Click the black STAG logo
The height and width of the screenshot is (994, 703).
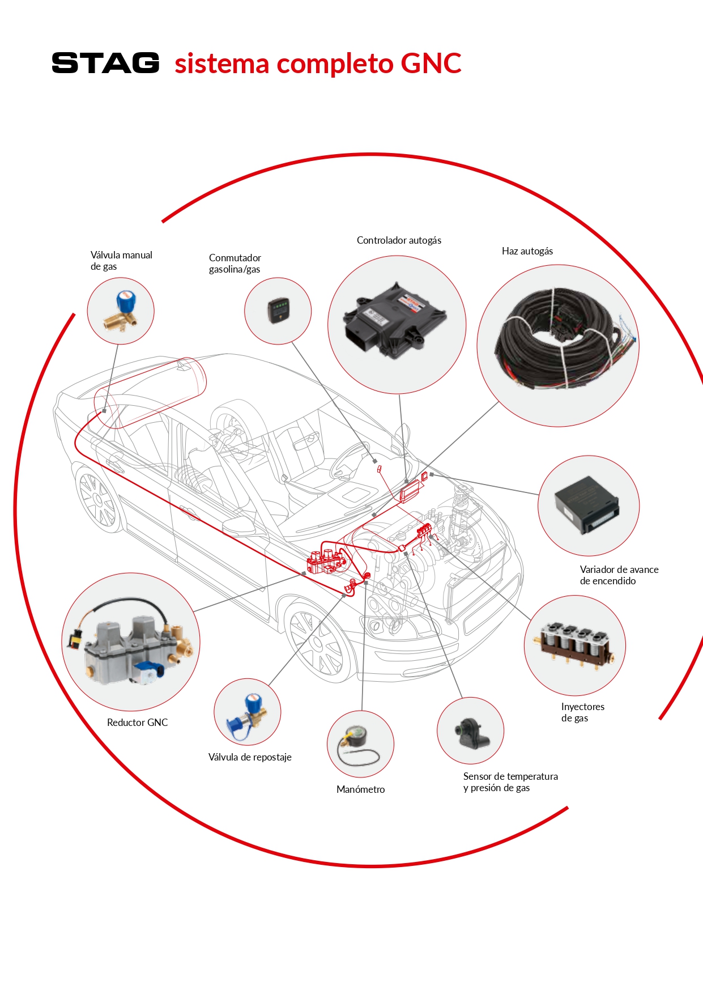(x=105, y=63)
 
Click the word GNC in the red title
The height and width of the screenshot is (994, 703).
(x=431, y=63)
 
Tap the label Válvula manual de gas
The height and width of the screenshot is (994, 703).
(x=121, y=261)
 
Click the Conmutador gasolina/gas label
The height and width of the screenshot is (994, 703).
(x=235, y=264)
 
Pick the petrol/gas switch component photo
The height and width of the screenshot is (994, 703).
(x=278, y=311)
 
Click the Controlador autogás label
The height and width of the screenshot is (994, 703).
(x=399, y=240)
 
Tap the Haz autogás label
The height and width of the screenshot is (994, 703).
(x=527, y=251)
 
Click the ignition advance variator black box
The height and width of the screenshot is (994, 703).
(x=587, y=505)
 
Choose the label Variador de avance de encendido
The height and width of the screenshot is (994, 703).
(x=619, y=575)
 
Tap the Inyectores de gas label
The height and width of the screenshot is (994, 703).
(x=582, y=712)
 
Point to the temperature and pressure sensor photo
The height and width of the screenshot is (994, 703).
(x=471, y=732)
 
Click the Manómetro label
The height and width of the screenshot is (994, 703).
(x=360, y=789)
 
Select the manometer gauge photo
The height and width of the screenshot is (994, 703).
(x=359, y=744)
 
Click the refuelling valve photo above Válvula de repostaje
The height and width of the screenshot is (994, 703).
(x=248, y=712)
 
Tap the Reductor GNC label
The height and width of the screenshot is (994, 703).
(x=137, y=723)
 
